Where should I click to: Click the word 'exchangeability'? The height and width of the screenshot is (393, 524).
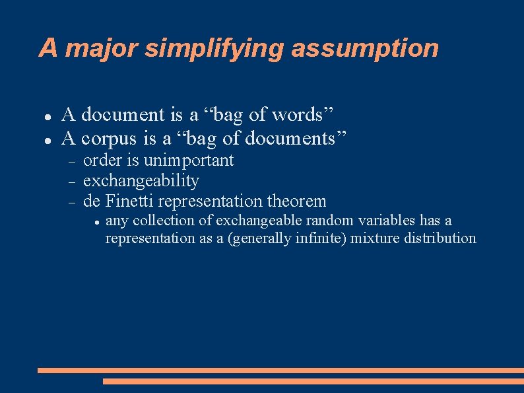pos(141,180)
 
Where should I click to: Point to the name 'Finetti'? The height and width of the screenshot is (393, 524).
pos(130,201)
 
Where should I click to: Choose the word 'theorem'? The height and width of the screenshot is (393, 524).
pos(297,201)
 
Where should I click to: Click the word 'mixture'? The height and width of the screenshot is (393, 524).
pos(374,238)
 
